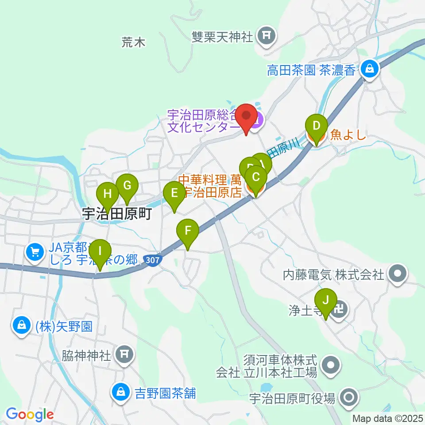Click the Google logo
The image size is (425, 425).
click(30, 414)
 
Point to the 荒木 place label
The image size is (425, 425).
click(133, 42)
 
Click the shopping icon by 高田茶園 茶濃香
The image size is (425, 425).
click(368, 69)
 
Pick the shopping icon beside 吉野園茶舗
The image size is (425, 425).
click(120, 391)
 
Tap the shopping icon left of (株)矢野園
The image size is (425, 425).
click(21, 326)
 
